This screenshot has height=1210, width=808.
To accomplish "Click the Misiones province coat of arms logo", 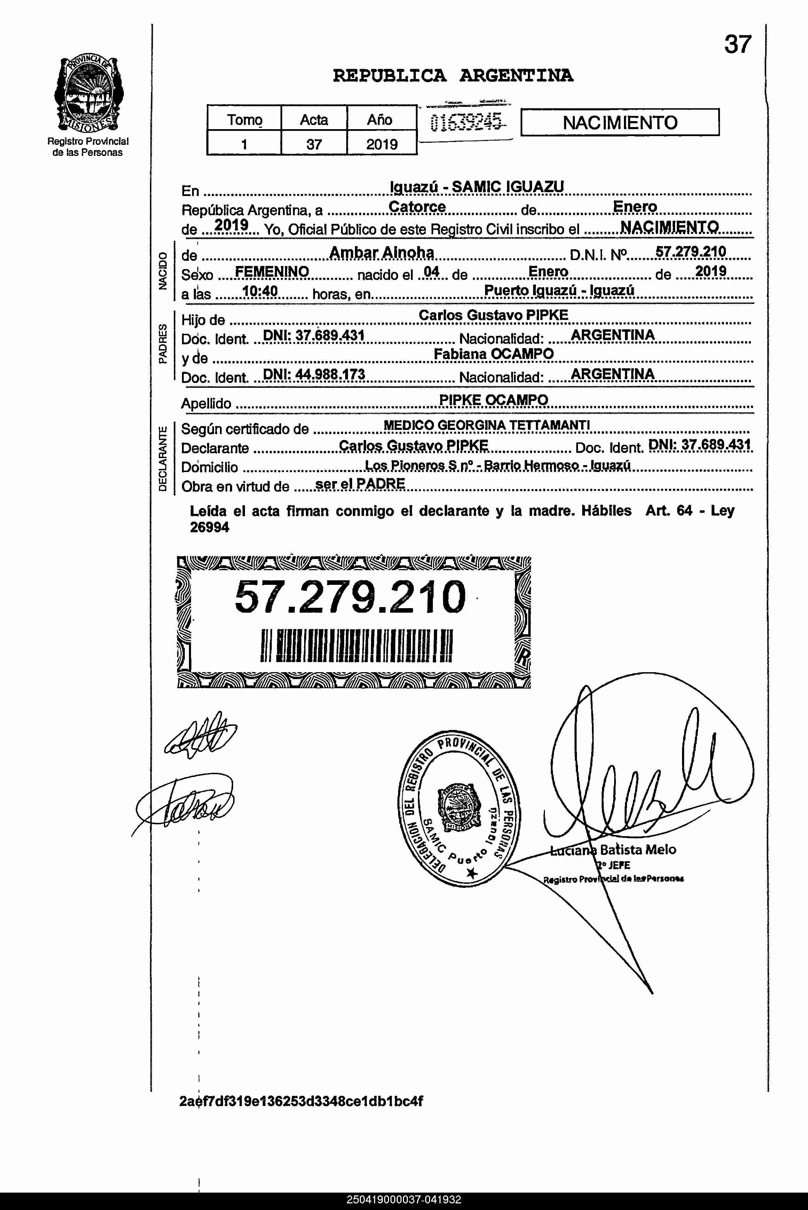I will (88, 94).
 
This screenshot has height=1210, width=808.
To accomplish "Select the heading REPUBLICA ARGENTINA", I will (452, 76).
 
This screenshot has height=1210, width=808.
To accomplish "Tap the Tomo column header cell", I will (244, 119).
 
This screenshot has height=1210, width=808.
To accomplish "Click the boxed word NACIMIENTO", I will (619, 123).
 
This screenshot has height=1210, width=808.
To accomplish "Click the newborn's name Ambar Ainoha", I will (381, 252).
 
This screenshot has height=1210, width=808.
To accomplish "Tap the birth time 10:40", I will (260, 292).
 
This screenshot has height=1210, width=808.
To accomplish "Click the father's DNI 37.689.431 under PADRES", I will (314, 336).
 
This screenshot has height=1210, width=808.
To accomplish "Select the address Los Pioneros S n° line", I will (497, 465).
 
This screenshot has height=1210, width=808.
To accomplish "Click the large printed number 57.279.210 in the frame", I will (350, 597).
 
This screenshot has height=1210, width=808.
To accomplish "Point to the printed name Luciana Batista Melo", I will (613, 850).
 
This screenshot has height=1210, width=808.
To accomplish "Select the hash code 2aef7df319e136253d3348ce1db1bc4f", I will (301, 1101).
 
